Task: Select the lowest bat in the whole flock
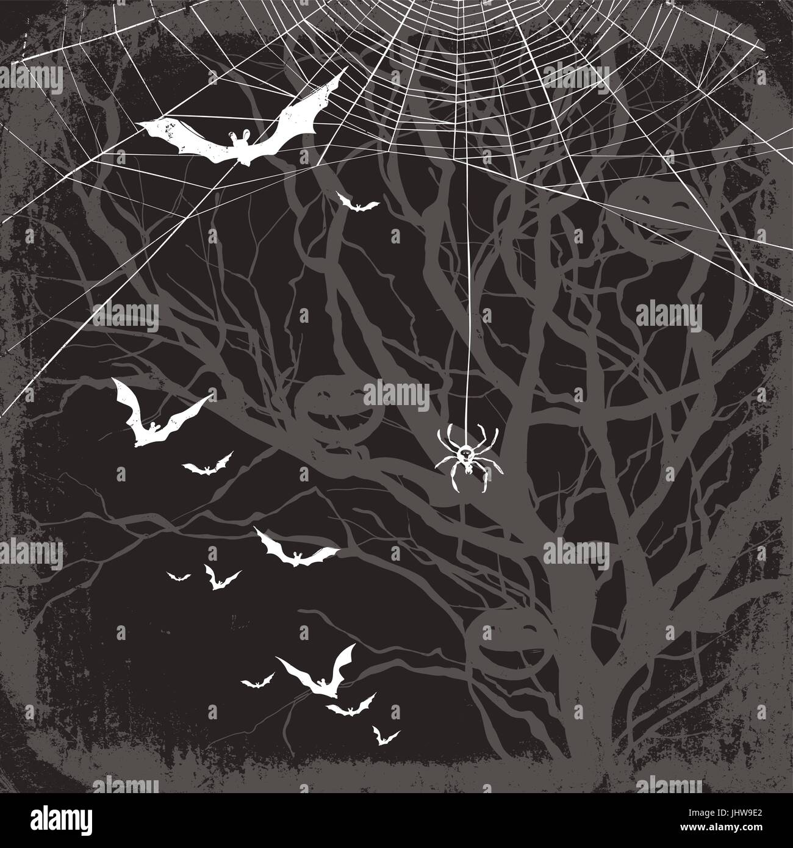click(x=384, y=736)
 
